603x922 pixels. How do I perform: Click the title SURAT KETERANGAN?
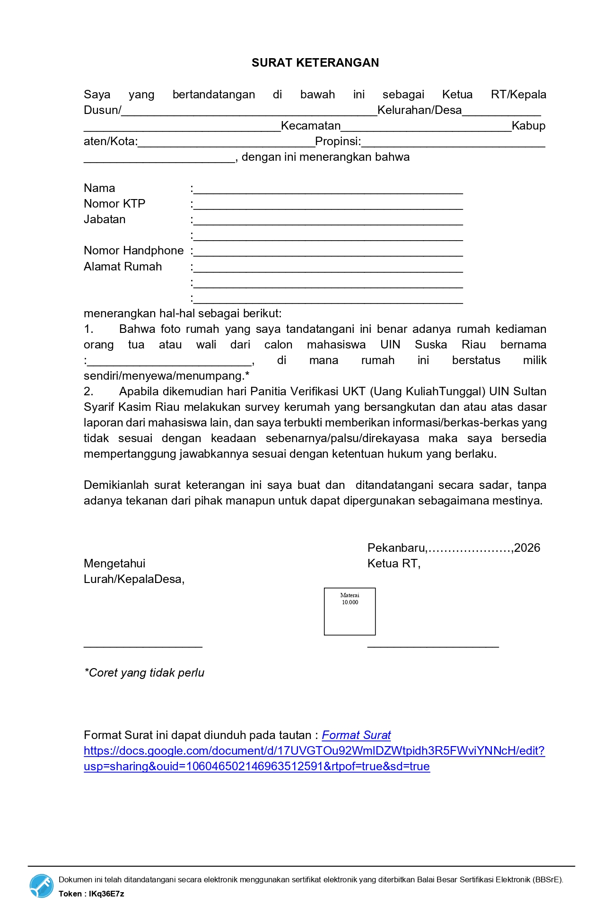point(315,63)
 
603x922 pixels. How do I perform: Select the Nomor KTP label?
point(114,204)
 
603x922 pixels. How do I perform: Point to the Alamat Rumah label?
point(122,267)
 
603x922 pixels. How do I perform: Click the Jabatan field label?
point(105,219)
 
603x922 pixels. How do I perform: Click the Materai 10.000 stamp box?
point(350,611)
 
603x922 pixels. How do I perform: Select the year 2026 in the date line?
point(527,548)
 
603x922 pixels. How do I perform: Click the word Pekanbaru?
point(396,548)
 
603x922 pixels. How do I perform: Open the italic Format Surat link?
point(356,735)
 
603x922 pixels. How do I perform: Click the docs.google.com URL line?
point(314,751)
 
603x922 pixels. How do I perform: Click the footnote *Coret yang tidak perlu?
point(144,673)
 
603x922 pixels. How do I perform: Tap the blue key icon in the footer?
point(42,886)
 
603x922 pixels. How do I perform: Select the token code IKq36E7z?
point(106,894)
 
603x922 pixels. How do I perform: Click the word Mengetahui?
point(114,564)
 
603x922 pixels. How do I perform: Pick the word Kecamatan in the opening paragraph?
point(311,126)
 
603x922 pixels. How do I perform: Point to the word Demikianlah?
point(114,485)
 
